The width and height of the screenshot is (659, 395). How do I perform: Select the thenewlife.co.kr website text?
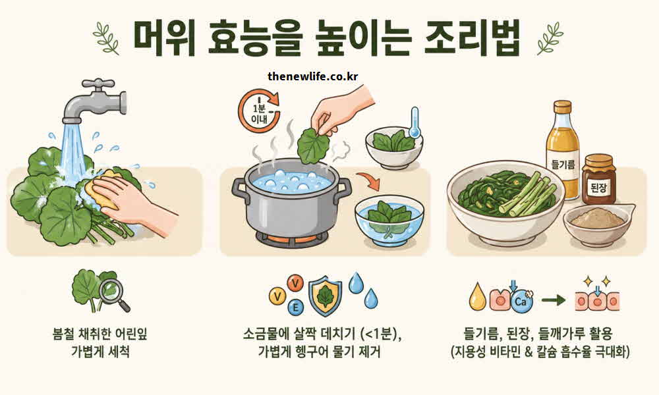tap(313, 76)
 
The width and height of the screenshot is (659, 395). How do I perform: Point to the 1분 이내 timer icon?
tap(258, 109)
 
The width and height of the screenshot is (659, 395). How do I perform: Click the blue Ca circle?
tap(521, 302)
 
